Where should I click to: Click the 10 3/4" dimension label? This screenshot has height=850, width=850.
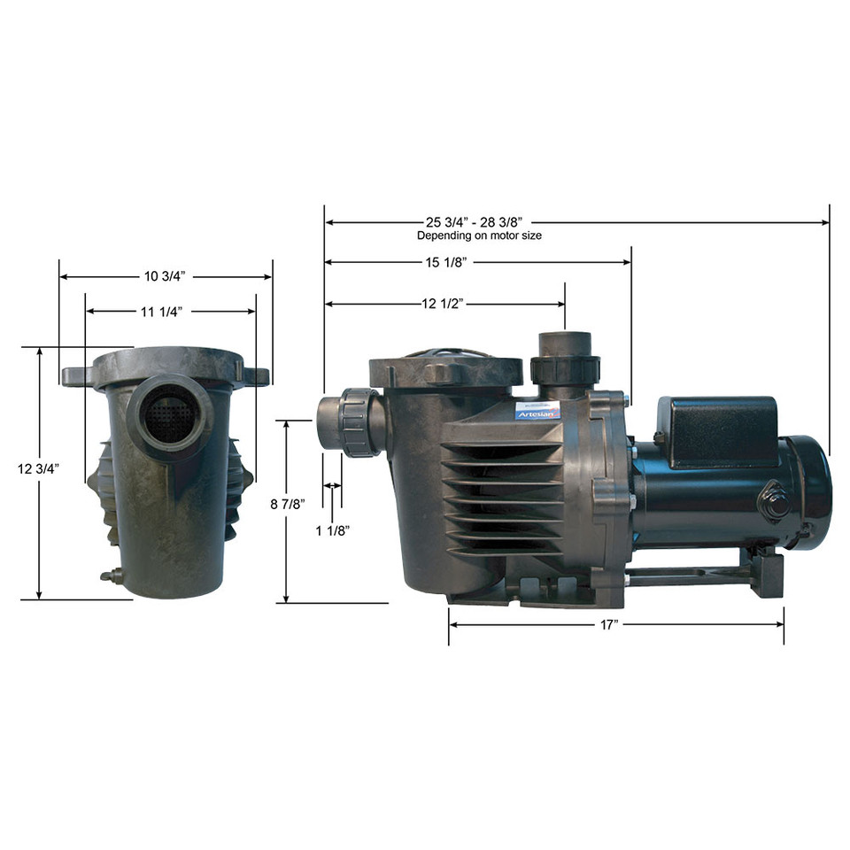pos(165,276)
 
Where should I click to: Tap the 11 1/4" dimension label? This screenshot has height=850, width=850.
pos(161,312)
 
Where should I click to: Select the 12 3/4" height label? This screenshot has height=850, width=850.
pos(38,469)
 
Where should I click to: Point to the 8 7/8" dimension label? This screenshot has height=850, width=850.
pos(288,505)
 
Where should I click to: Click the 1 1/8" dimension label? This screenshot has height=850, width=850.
pos(333,530)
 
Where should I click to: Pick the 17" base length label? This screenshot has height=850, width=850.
pos(609,625)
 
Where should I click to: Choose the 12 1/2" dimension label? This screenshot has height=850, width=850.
pos(443,304)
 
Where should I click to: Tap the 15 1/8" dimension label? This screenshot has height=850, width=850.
pos(445,262)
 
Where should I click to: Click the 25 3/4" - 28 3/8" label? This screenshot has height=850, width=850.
pos(474,222)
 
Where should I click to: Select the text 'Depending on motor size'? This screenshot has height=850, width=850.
pos(479,236)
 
